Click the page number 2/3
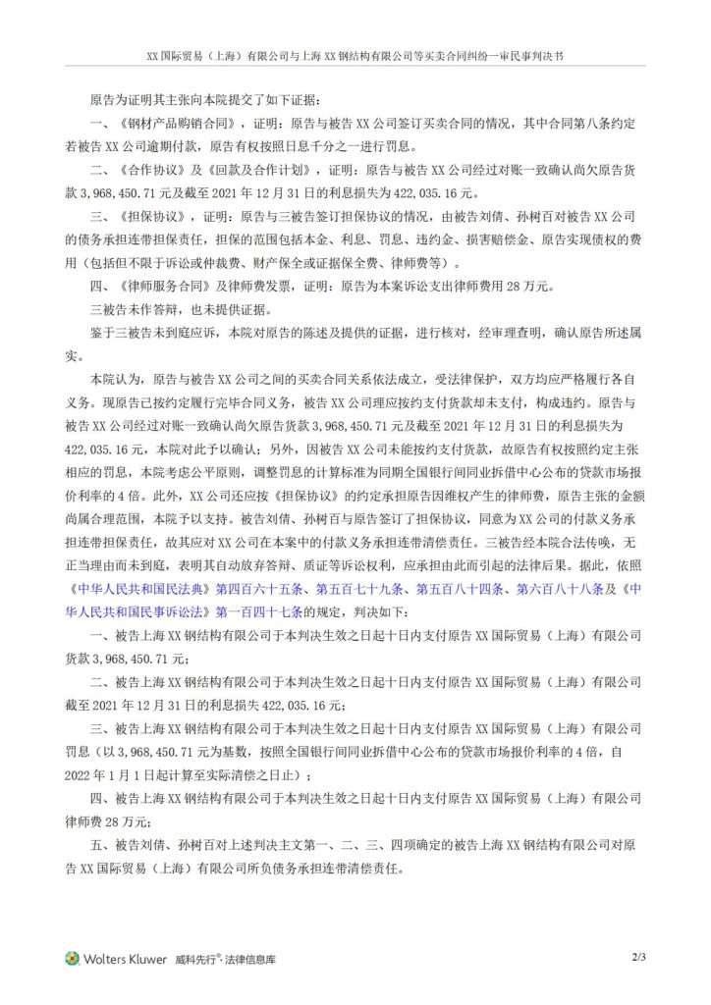(639, 955)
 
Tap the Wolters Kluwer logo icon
(72, 957)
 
